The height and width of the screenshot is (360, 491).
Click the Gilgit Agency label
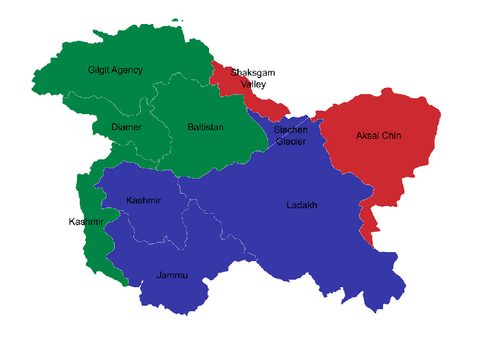[115, 70]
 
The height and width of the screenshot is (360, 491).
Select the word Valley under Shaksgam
[254, 84]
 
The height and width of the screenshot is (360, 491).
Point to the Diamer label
[127, 127]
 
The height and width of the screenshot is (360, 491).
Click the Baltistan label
[205, 127]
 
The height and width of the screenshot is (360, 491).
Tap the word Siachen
[290, 130]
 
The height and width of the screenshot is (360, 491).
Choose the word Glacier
[290, 142]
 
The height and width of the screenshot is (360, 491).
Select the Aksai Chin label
[378, 135]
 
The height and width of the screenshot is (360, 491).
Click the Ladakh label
[302, 205]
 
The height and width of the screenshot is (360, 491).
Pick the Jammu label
[172, 275]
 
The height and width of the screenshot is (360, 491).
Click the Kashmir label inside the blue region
[144, 200]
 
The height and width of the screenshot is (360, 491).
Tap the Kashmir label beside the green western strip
[86, 221]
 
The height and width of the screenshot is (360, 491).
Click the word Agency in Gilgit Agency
[128, 70]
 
